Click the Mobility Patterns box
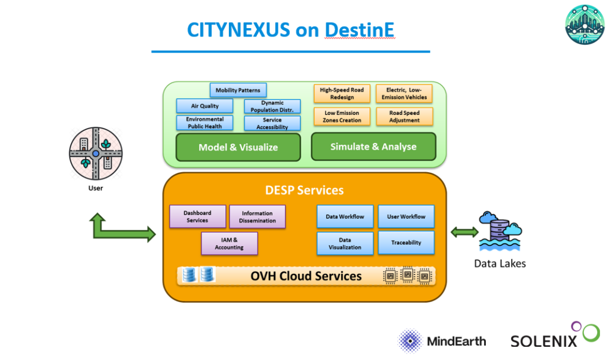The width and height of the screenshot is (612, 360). click(238, 90)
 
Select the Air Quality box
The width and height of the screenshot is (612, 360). click(204, 106)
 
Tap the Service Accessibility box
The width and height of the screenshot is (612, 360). click(272, 123)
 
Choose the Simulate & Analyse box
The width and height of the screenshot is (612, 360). click(374, 147)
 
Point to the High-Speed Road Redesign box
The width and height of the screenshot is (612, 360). click(341, 93)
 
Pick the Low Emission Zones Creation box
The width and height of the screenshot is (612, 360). click(342, 117)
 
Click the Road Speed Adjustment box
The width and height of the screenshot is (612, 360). click(404, 117)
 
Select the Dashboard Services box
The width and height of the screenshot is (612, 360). click(197, 216)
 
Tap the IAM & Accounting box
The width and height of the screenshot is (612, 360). click(229, 243)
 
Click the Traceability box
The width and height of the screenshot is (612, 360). click(406, 243)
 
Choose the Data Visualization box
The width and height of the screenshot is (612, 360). click(345, 243)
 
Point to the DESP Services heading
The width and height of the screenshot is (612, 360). click(304, 190)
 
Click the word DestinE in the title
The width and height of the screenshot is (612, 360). click(360, 30)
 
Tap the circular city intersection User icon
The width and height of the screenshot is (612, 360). click(96, 153)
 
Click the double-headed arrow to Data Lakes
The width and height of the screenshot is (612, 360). click(464, 232)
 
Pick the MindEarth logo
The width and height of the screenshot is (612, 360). click(442, 341)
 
